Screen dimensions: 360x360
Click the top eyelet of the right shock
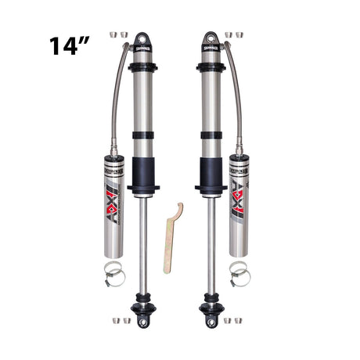click(x=211, y=38)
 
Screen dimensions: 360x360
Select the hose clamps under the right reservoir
click(x=239, y=272)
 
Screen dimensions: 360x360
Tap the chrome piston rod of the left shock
click(x=143, y=243)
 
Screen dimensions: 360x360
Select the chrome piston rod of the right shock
click(x=211, y=243)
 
